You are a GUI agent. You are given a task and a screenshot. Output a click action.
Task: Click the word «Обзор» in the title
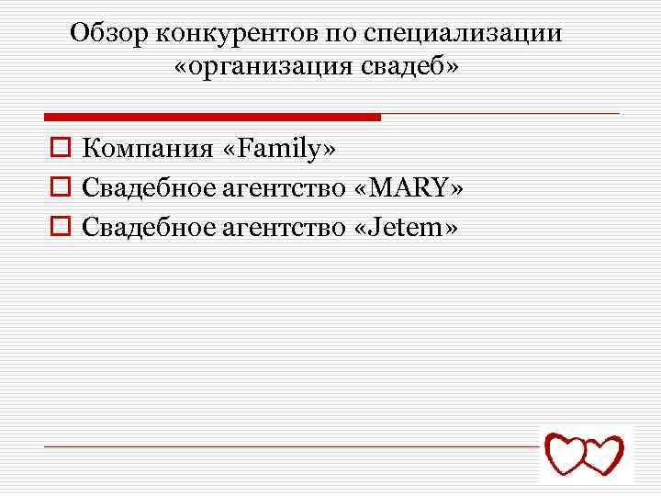(108, 34)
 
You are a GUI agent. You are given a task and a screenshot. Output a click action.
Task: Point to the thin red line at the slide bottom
(294, 446)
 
